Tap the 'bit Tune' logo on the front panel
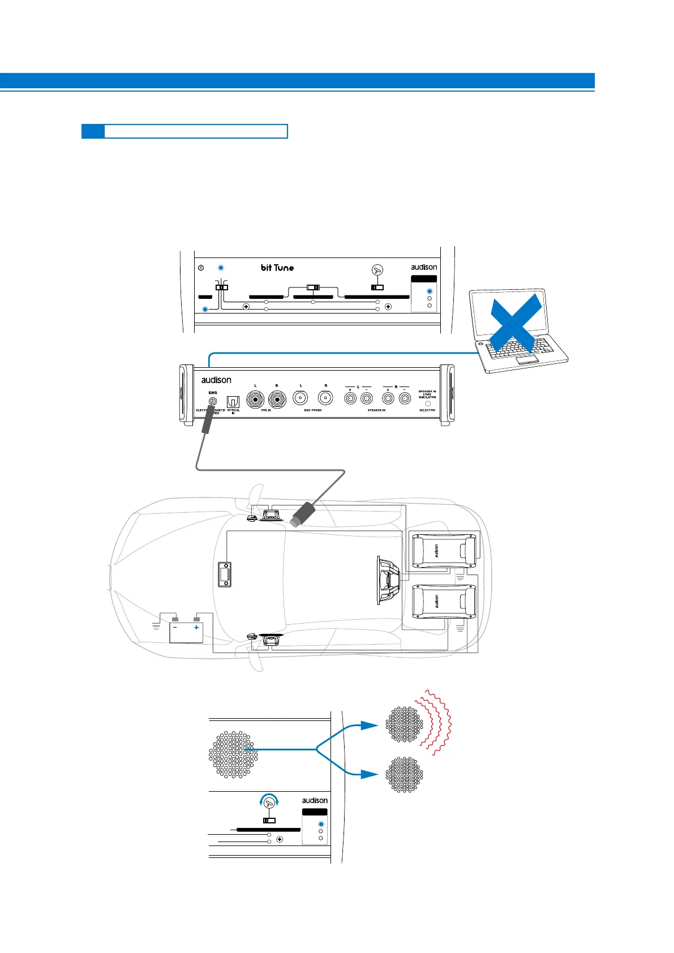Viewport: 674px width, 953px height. (x=277, y=268)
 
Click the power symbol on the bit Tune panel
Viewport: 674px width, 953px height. (x=201, y=268)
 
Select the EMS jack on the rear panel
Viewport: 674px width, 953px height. (x=213, y=401)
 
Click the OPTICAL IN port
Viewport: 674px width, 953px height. (x=233, y=402)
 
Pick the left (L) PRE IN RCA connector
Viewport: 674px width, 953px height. (x=256, y=400)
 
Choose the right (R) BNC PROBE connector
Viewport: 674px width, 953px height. (x=325, y=400)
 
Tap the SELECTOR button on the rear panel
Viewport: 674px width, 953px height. (x=427, y=404)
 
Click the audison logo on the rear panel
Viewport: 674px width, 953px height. (x=216, y=380)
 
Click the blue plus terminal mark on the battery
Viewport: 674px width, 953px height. (x=196, y=627)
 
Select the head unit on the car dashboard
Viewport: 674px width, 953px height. (x=225, y=574)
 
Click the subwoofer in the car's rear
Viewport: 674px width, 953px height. (x=389, y=580)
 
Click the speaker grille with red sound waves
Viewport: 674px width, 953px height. (x=404, y=724)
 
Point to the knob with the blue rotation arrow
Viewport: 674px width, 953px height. (x=269, y=801)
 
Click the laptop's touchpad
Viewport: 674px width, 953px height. (x=527, y=360)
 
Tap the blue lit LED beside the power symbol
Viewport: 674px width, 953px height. (x=221, y=268)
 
